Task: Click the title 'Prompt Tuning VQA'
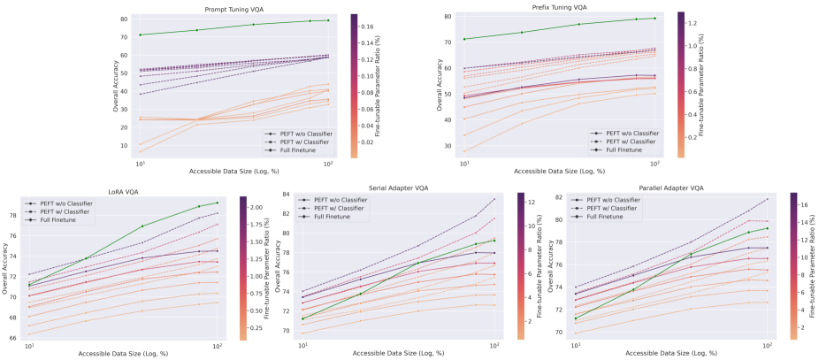coord(234,8)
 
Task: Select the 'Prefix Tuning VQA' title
coord(559,8)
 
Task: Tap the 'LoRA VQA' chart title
coord(123,188)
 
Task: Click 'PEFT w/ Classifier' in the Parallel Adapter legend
coord(611,208)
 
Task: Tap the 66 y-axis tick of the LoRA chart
coord(12,337)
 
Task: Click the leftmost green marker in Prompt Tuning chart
coord(141,34)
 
